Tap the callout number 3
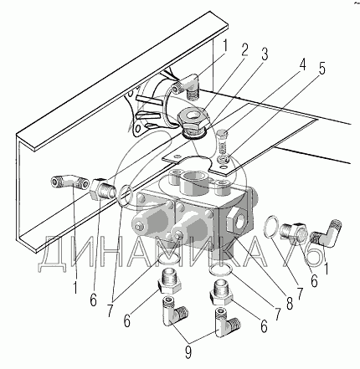(x=264, y=54)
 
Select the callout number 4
(x=301, y=64)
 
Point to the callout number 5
(x=322, y=69)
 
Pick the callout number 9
(x=188, y=353)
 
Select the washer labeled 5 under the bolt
(x=224, y=160)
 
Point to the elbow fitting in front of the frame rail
(x=69, y=182)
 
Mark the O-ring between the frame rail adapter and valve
(x=126, y=196)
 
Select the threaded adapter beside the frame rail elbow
(x=101, y=189)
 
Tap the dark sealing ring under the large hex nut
(x=194, y=135)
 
